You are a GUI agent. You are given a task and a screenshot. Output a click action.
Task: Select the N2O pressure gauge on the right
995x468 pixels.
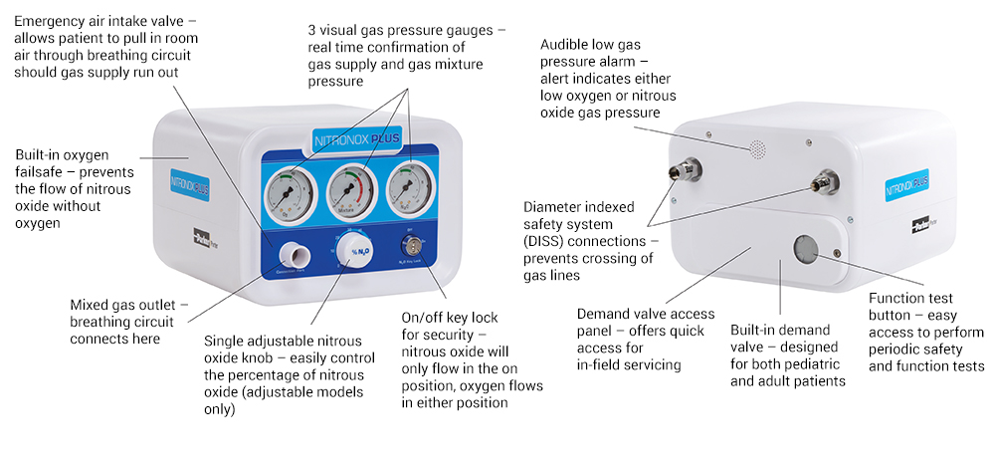tap(404, 187)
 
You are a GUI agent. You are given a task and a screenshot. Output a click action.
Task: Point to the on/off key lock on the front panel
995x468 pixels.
tap(410, 243)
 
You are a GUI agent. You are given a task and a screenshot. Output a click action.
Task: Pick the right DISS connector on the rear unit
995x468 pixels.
tap(822, 182)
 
